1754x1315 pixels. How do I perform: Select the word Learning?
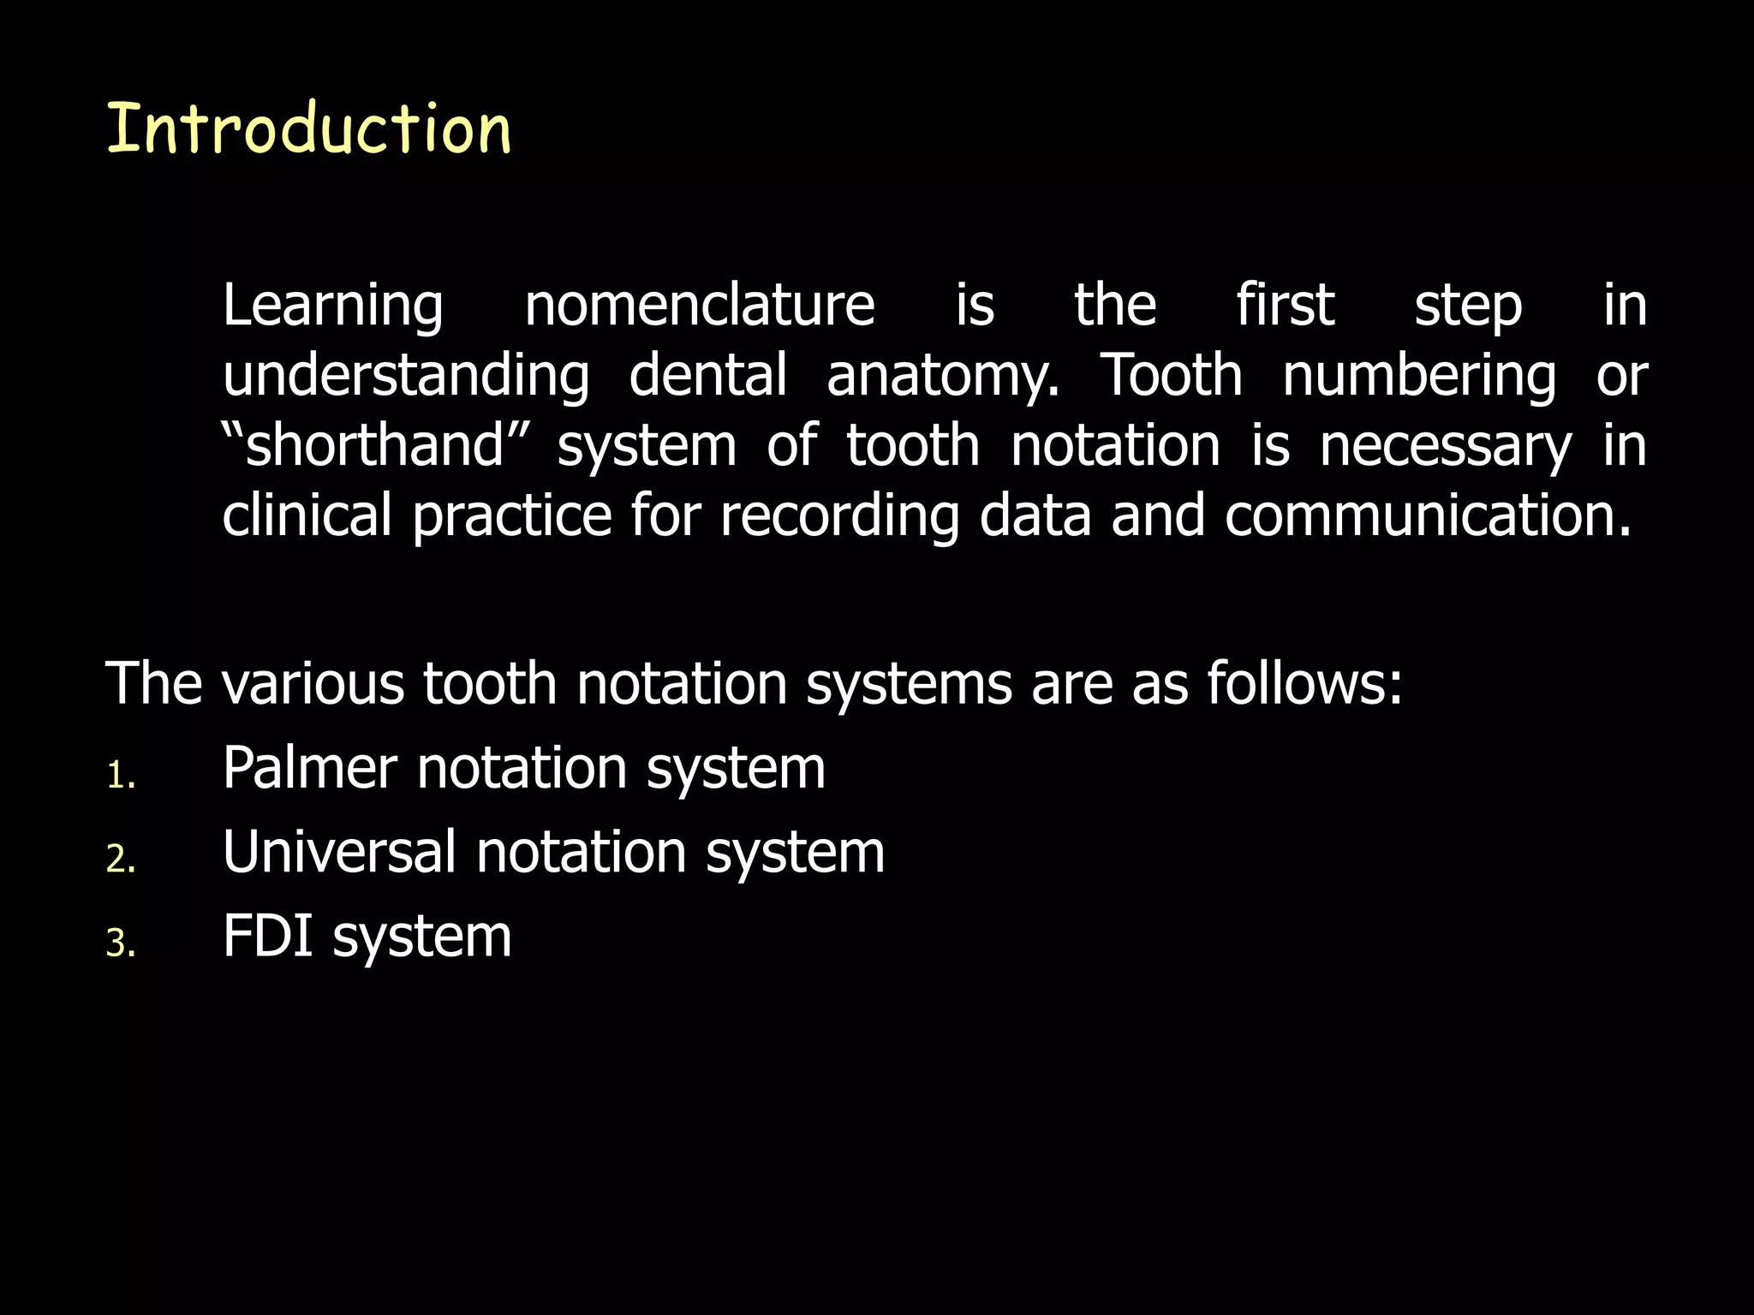(x=333, y=306)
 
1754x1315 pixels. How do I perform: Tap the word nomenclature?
(x=699, y=305)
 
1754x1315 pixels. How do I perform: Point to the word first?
(x=1285, y=305)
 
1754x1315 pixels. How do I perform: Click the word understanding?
(x=406, y=377)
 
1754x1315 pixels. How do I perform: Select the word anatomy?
(x=941, y=377)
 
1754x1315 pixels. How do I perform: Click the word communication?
(x=1427, y=515)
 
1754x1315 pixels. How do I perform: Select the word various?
(x=313, y=684)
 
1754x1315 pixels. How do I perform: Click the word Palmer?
(x=310, y=767)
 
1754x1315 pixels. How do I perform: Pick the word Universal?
(x=339, y=852)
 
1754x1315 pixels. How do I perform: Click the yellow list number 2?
(x=119, y=859)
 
